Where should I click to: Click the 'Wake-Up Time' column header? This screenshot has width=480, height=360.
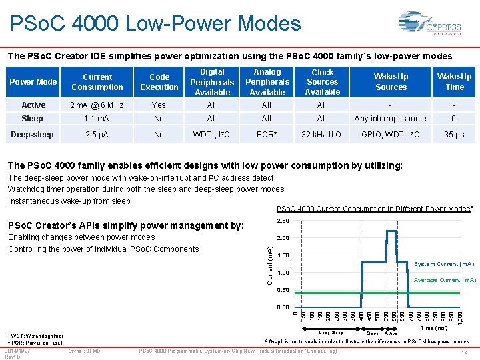pos(454,82)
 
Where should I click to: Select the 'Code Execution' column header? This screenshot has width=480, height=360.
pos(159,82)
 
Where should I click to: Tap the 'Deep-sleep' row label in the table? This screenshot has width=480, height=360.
pos(32,134)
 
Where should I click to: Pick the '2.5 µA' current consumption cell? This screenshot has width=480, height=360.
pos(97,134)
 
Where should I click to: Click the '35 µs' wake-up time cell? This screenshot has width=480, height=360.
pos(454,134)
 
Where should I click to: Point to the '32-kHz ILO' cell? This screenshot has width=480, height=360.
pos(322,134)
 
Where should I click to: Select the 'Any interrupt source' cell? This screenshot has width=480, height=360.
pos(391,119)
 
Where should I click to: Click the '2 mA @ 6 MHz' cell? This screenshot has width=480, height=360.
pos(97,105)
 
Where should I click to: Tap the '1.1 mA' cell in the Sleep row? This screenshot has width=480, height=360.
pos(97,119)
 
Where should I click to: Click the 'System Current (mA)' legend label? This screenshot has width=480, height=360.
pos(445,264)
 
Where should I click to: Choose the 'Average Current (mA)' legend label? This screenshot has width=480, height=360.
pos(445,280)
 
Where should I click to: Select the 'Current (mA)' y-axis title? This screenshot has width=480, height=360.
pos(269,264)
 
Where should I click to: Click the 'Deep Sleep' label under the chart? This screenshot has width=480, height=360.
pos(331,333)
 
